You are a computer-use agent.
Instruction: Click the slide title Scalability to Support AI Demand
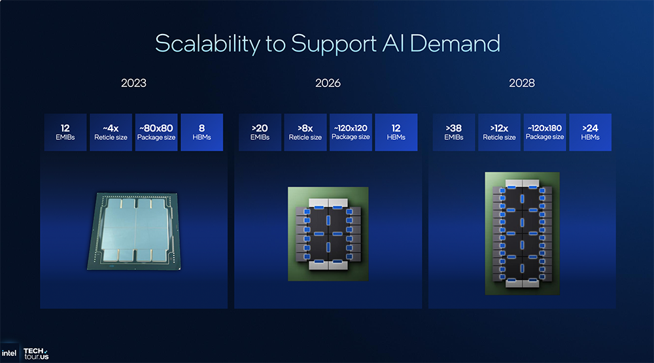[327, 43]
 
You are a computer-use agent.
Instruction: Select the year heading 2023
[133, 83]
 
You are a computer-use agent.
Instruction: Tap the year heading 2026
[328, 83]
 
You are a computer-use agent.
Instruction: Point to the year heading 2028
[522, 83]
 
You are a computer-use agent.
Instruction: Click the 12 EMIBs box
[65, 132]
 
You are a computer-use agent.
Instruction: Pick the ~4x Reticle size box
[111, 132]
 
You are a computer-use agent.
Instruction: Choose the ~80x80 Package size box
[156, 132]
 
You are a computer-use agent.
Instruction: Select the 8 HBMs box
[201, 132]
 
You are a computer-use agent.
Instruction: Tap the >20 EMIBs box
[260, 132]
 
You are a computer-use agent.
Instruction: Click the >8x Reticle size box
[305, 132]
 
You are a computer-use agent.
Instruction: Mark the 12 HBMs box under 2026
[396, 132]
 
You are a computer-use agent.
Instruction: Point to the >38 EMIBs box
[454, 132]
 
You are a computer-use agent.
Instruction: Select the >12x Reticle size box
[499, 132]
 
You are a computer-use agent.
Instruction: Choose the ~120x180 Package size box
[545, 132]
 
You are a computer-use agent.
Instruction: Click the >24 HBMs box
[591, 132]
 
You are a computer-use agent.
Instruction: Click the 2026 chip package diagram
[328, 233]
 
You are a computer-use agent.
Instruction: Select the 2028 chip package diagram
[522, 233]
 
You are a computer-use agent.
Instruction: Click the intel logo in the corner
[10, 353]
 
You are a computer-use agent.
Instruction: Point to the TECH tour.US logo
[37, 353]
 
